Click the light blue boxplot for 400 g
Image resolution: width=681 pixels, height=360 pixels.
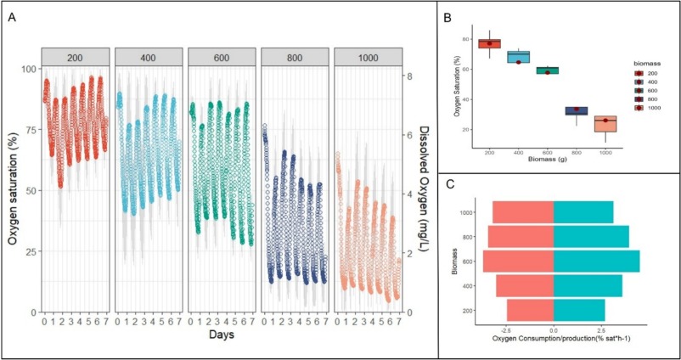coord(519,57)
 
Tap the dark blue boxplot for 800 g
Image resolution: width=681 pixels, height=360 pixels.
coord(577,110)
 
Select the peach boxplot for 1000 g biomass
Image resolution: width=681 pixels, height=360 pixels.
coord(605,124)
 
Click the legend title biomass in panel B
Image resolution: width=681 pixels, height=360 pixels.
coord(648,63)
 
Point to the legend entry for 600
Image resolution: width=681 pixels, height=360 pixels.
coord(654,91)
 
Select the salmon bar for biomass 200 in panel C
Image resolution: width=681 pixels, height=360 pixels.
coord(530,309)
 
